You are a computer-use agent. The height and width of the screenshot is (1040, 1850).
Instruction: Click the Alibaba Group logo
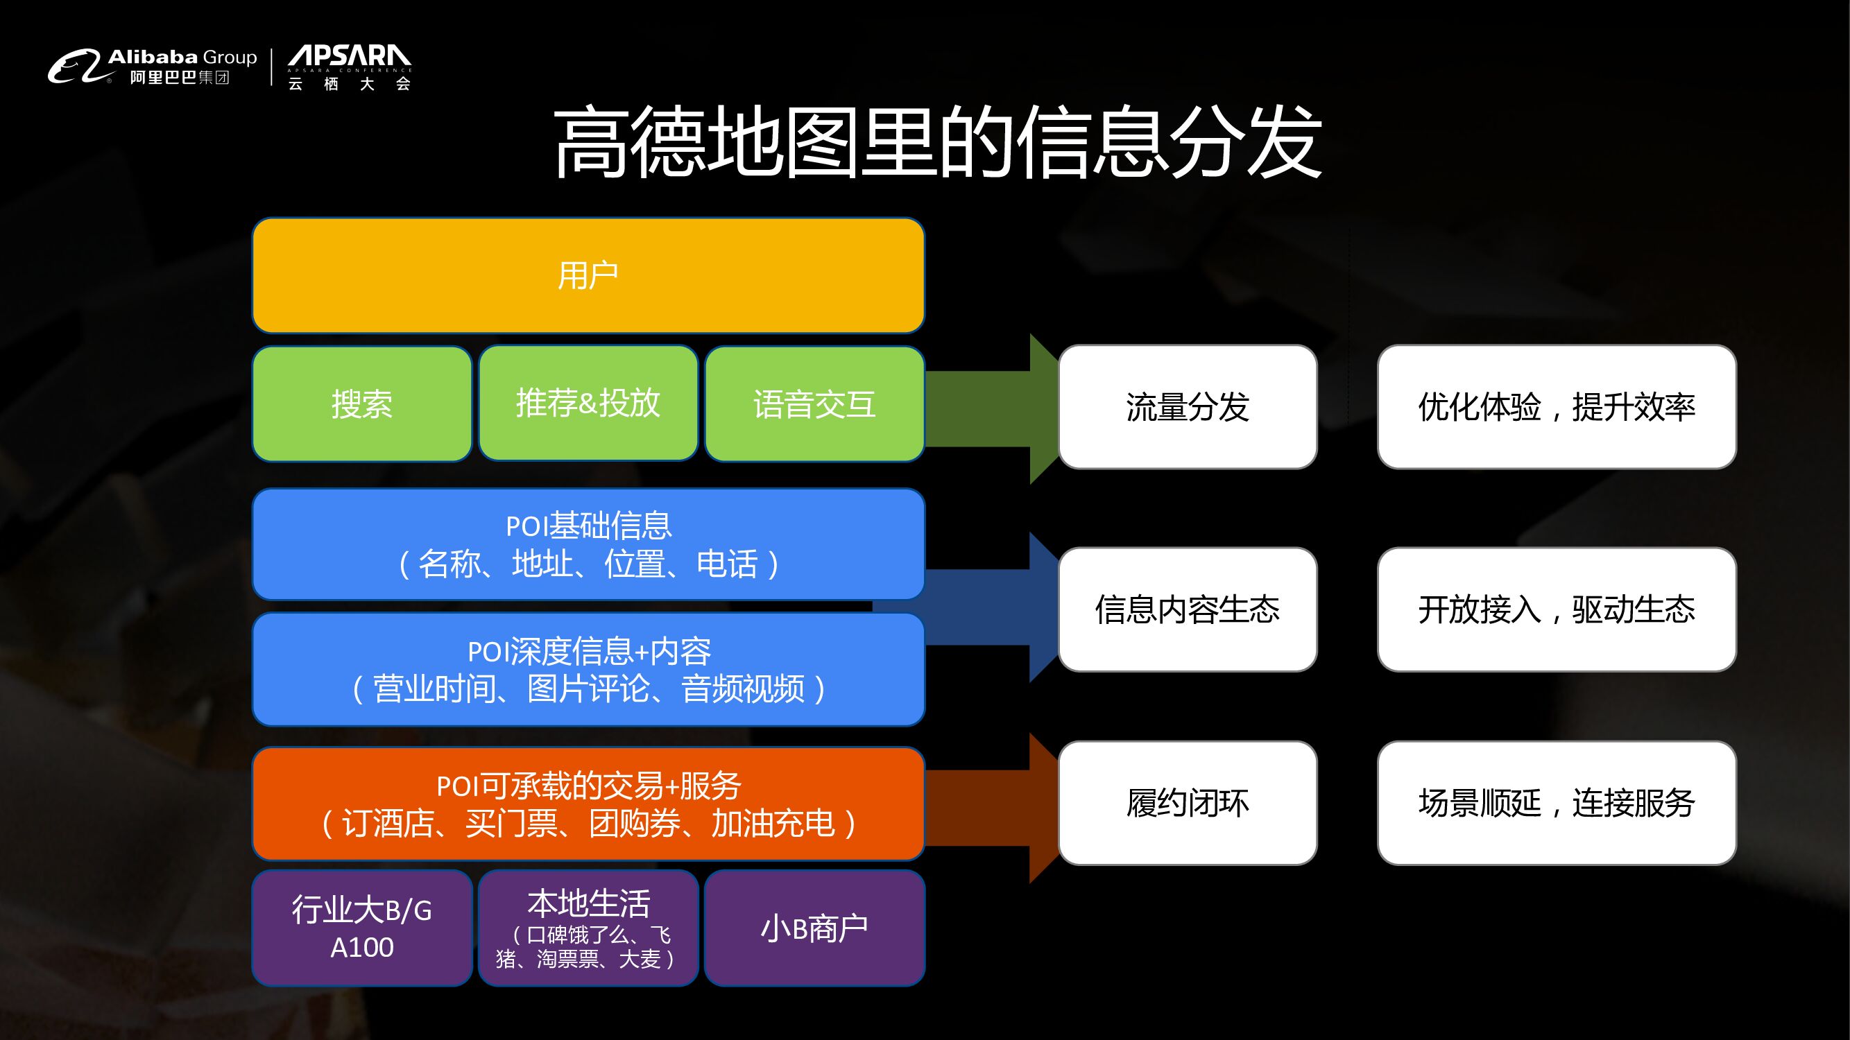point(152,67)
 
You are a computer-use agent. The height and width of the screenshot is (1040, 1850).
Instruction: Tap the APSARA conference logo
point(349,67)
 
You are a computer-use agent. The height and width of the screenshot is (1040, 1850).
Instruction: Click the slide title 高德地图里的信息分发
point(936,141)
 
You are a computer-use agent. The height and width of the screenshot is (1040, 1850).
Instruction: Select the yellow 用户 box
point(588,276)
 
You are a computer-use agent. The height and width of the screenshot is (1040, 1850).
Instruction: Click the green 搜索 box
point(362,404)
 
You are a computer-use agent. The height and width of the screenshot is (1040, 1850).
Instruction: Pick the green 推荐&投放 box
point(588,404)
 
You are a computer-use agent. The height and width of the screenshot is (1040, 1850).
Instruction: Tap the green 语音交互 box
point(814,404)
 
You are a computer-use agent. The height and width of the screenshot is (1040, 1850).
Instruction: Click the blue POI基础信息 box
point(588,545)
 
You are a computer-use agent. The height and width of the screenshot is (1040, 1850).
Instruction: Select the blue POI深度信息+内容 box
point(588,670)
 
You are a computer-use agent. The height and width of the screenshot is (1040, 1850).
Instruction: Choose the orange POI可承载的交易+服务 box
point(588,804)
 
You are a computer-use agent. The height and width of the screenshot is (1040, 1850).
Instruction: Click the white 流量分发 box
point(1187,407)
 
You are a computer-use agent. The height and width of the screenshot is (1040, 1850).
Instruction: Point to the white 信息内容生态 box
point(1187,609)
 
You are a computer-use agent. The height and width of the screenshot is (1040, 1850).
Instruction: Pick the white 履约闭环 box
point(1187,803)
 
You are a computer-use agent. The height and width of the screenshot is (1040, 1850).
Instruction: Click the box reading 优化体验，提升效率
point(1557,407)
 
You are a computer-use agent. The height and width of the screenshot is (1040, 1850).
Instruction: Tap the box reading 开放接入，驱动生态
point(1557,609)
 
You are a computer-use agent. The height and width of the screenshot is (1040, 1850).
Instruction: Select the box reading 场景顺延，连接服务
point(1557,803)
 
